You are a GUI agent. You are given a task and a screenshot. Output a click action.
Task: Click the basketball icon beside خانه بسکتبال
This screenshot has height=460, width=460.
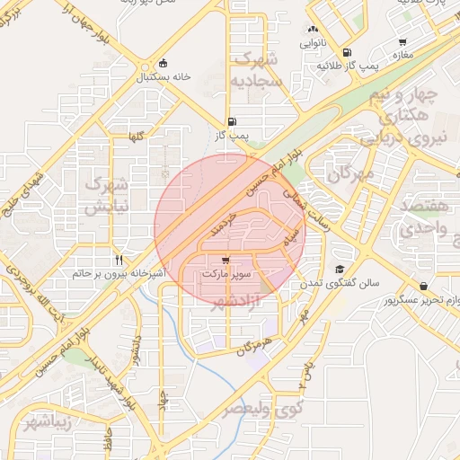(163, 63)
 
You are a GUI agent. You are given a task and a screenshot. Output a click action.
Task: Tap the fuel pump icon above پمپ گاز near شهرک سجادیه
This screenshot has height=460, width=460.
(234, 121)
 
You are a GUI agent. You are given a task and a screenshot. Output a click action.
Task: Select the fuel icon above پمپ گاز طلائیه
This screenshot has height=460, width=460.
(348, 52)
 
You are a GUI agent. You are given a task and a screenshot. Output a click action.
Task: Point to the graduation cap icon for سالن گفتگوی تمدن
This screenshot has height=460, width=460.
(340, 269)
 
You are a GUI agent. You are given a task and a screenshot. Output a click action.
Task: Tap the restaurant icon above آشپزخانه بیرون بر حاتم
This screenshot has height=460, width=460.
(119, 259)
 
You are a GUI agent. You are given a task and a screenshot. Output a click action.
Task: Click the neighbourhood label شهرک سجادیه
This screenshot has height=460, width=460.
(259, 70)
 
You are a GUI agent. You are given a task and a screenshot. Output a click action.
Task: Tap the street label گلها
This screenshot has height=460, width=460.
(136, 137)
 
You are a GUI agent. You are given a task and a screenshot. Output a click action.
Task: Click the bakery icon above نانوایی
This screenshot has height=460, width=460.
(312, 29)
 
